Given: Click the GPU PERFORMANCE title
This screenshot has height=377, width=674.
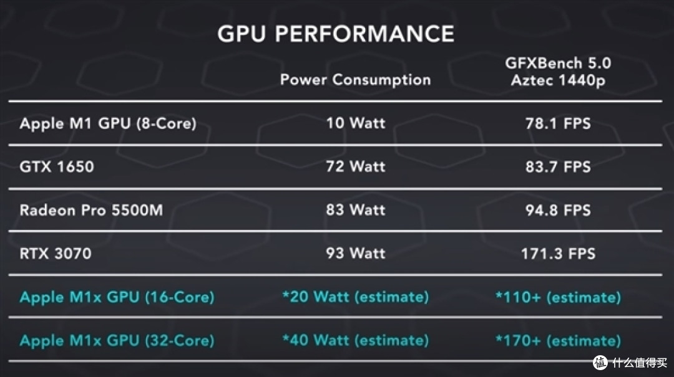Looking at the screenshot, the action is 336,34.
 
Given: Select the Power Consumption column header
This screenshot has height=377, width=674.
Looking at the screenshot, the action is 356,80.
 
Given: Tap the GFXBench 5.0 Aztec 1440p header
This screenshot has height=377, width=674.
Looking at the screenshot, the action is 558,72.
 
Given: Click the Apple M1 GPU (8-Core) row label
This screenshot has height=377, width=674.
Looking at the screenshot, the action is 108,123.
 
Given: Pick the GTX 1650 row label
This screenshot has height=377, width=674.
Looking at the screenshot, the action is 57,166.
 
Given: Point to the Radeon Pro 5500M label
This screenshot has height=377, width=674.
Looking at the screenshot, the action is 91,210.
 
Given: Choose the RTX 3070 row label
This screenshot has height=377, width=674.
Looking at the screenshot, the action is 56,254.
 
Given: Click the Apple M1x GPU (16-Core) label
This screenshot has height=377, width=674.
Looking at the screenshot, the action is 117,297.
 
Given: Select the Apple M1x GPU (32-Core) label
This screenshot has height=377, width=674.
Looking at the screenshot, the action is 117,340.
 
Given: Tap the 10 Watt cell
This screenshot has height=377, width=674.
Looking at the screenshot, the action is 356,123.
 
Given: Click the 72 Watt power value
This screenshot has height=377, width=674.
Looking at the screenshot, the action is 356,166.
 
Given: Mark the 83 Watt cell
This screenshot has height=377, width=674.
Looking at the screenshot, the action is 356,210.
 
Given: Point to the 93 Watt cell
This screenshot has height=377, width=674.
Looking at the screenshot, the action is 356,254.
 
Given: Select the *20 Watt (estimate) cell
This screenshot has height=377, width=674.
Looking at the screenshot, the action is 356,297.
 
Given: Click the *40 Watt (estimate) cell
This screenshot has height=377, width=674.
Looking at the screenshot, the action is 356,340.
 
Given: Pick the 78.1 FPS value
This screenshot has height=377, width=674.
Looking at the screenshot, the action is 558,123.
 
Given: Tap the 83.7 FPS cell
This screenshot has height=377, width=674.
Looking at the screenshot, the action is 558,166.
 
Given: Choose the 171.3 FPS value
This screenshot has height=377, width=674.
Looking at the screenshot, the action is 558,254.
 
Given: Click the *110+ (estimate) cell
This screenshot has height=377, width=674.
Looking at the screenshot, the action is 558,297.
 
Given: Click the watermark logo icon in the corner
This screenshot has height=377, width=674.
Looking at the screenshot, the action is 600,363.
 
